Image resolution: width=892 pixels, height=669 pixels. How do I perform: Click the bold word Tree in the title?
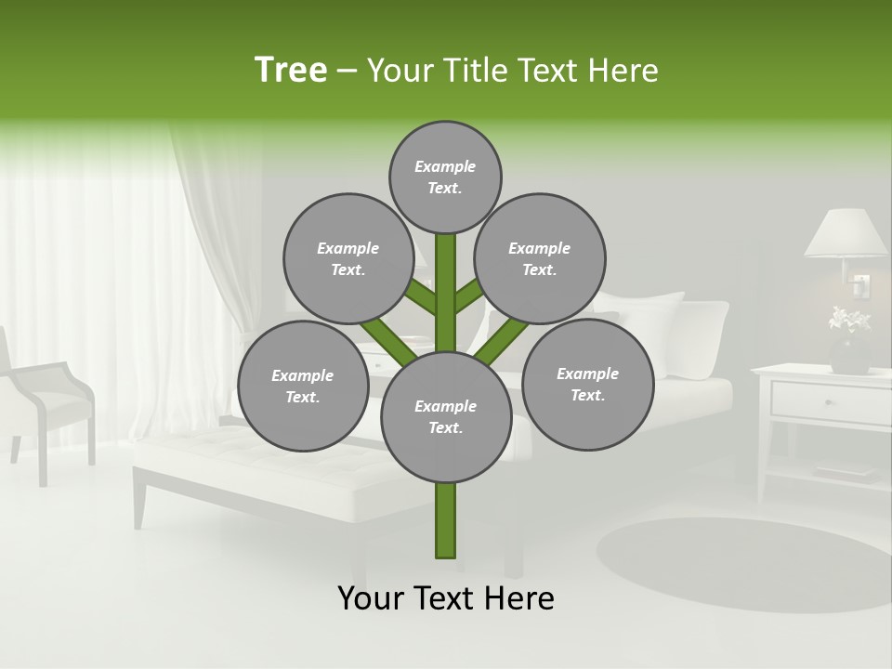coord(291,71)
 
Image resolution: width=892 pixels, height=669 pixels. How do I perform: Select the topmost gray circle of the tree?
coord(445,177)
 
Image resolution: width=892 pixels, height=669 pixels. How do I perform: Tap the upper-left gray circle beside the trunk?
coord(348,258)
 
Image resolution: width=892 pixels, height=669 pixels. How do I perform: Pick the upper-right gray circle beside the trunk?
coord(540,258)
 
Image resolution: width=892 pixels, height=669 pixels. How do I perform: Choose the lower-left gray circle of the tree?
coord(303,386)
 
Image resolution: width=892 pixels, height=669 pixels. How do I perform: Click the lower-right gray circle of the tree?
coord(587,383)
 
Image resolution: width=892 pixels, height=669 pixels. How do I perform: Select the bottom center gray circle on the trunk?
coord(446,417)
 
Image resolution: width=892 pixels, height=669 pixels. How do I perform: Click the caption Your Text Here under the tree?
coord(446,599)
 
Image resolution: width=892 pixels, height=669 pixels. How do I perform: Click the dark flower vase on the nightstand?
coord(849,354)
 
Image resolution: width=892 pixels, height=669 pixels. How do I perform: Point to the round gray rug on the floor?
coord(743,562)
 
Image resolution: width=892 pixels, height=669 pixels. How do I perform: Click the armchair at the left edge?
coord(46,400)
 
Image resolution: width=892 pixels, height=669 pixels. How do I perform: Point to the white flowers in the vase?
coord(848,321)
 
